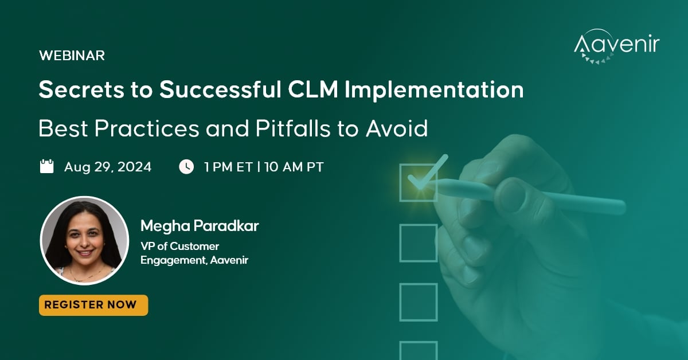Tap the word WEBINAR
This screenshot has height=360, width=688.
point(72,56)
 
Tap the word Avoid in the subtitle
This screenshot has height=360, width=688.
point(397,128)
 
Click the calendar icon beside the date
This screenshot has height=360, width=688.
point(46,167)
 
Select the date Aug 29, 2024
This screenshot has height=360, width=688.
point(108,167)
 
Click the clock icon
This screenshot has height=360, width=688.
point(186,167)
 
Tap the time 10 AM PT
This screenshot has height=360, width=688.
point(294,167)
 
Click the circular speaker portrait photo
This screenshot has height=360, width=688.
point(84,240)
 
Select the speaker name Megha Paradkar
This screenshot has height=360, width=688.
point(200,226)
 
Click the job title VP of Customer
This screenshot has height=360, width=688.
point(180,246)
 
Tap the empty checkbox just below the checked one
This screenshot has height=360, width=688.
point(418,242)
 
